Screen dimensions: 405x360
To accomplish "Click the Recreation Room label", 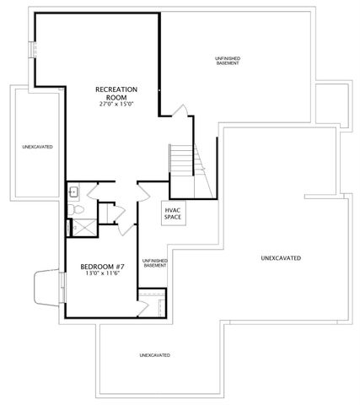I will coord(116,93).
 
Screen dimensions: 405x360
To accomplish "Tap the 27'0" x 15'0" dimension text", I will coord(116,104).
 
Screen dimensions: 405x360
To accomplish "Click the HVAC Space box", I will coord(173,213).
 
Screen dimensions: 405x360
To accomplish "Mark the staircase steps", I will coord(181,158).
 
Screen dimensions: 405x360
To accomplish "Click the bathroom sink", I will coord(73,191).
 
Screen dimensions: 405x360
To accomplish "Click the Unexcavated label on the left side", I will coord(38,147).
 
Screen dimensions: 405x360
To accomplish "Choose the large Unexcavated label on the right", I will coord(281,257).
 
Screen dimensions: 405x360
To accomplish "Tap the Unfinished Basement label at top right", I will coord(228,61).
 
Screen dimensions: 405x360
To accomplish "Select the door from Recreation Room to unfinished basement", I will coord(180,111).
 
